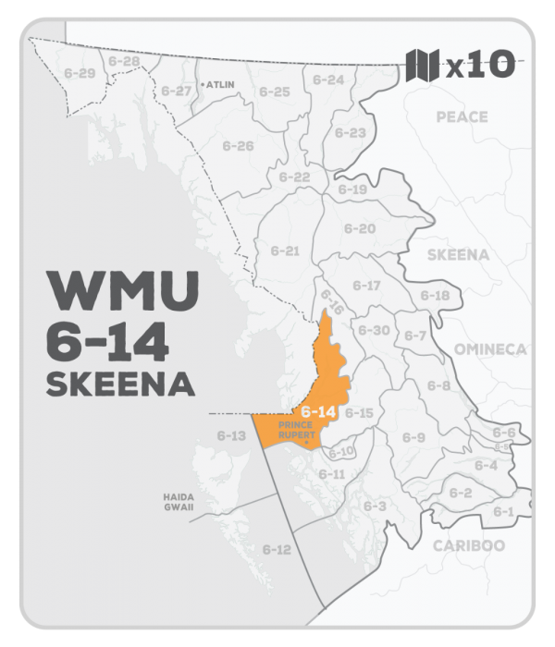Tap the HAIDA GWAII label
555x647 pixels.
coord(173,503)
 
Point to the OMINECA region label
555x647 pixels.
coord(490,348)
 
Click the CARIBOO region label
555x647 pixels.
coord(469,545)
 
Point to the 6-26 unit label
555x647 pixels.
coord(239,146)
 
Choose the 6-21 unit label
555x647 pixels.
coord(285,250)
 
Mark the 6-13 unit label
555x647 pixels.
coord(231,434)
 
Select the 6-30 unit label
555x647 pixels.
coord(373,330)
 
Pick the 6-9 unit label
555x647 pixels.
coord(413,437)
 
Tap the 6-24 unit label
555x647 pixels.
coord(328,80)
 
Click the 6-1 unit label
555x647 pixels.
coord(504,511)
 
